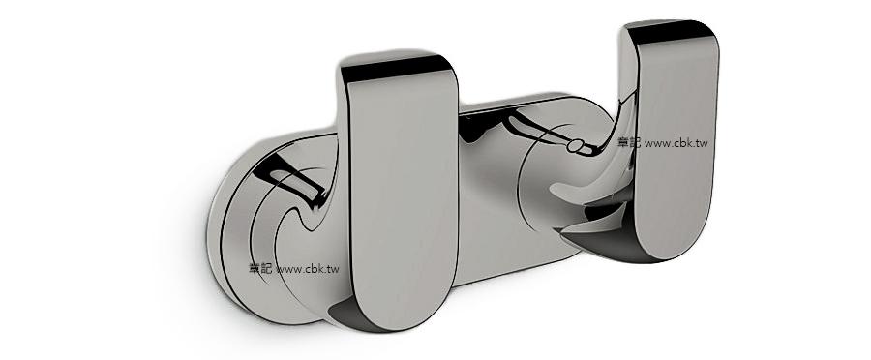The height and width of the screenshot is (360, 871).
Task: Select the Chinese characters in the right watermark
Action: [x=629, y=142]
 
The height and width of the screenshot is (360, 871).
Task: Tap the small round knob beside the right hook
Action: [x=578, y=147]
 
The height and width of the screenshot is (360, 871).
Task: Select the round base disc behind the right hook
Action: [x=547, y=194]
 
